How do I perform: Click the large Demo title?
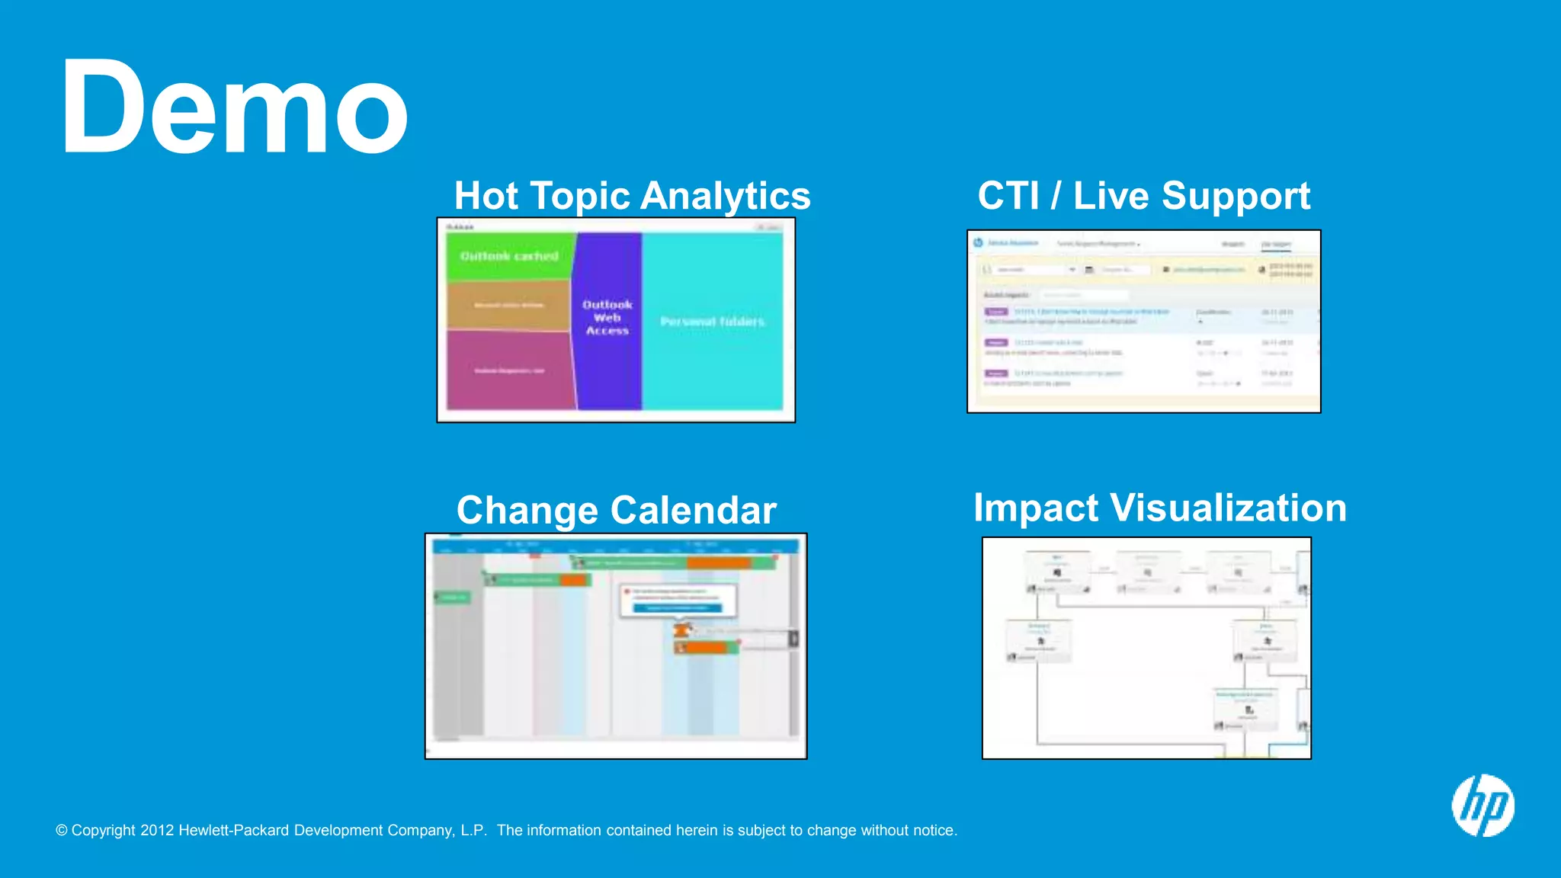[234, 107]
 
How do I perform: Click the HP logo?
[1482, 806]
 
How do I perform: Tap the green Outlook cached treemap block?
[509, 257]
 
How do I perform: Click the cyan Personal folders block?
[712, 322]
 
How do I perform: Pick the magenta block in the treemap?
[509, 370]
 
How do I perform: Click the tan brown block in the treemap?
[508, 305]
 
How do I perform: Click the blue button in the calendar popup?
[677, 608]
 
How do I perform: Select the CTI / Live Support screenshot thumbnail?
[1143, 322]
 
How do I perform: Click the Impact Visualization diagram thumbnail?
[1146, 648]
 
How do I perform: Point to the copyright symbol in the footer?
[62, 830]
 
